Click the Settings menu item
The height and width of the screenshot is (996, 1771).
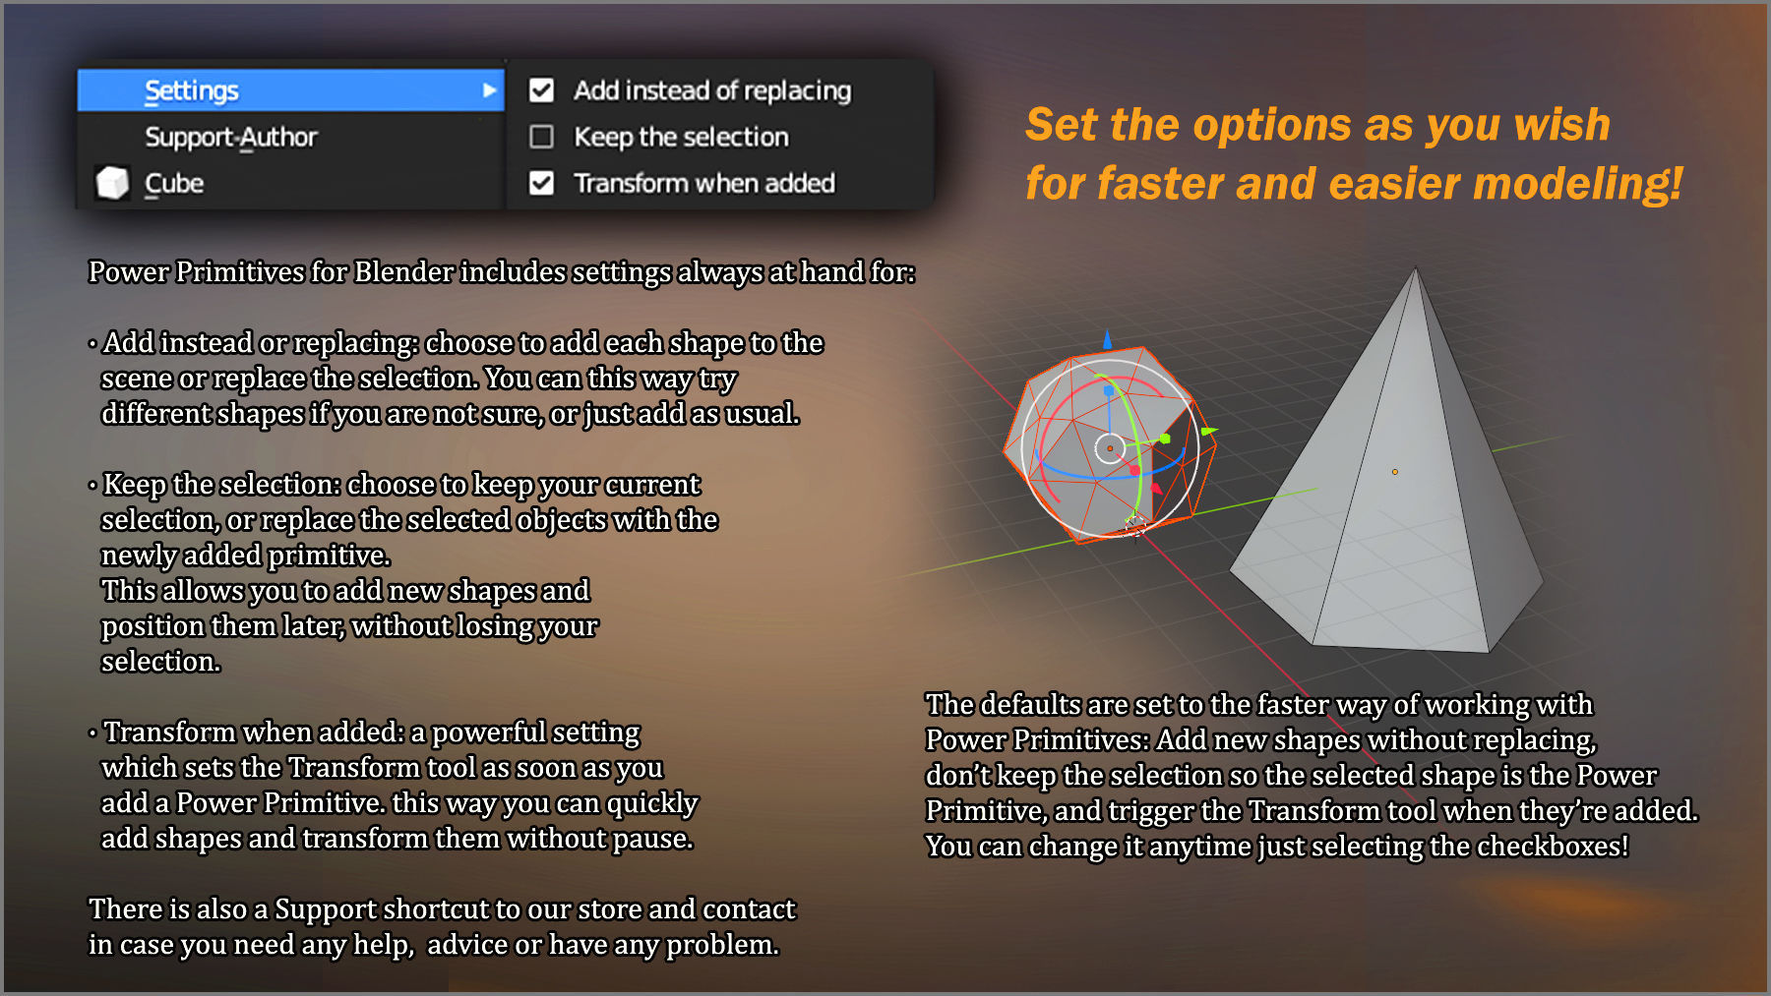192,90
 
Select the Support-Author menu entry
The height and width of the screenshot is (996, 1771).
231,137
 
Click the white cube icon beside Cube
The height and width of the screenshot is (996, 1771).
112,183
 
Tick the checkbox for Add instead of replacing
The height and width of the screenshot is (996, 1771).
541,90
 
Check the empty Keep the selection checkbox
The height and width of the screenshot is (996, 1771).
541,137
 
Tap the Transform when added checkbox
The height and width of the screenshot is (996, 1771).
541,183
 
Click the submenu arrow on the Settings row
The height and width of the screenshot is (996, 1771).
489,90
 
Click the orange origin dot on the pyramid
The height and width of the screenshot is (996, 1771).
1394,472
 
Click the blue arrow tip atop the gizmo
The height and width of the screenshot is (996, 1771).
1108,339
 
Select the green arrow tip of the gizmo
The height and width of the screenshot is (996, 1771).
1209,431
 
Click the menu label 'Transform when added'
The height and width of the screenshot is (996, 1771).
704,183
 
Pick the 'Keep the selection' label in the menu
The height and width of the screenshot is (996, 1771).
681,137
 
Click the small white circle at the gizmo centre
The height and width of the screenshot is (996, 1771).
1110,448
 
